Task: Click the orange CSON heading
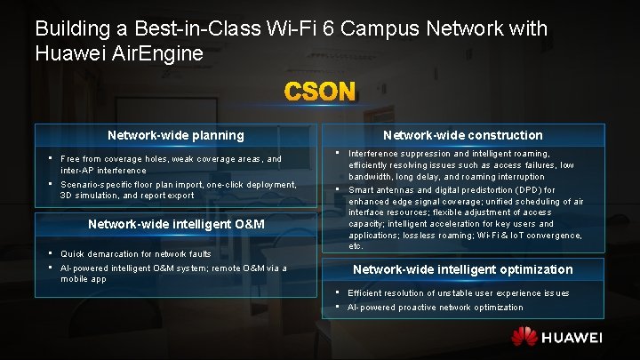320,92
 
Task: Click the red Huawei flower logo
524,338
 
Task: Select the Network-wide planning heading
175,135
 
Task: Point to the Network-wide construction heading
462,135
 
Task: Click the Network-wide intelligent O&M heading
175,223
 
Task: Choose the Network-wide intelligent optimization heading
462,269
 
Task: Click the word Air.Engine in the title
163,52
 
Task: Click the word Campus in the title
397,28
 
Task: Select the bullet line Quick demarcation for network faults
135,254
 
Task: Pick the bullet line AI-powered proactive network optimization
435,308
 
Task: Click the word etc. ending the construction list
356,246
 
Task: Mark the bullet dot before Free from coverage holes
51,158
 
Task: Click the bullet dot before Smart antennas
338,189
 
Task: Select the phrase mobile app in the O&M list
84,279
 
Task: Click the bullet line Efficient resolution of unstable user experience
458,293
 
